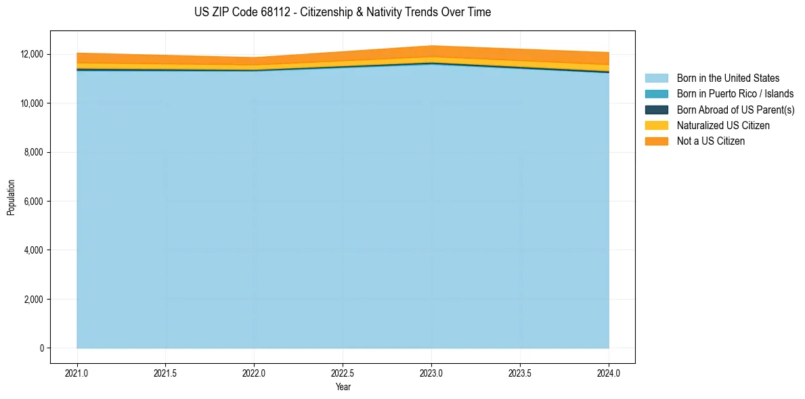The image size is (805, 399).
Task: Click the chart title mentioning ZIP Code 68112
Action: click(x=342, y=12)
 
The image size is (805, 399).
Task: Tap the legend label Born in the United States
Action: click(x=728, y=78)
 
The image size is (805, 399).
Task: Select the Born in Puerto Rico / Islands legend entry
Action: click(x=735, y=94)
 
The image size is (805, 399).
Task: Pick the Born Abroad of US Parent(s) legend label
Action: click(x=735, y=110)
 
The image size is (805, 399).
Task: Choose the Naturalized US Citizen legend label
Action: click(x=723, y=126)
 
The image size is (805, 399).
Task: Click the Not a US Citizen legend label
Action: click(x=711, y=141)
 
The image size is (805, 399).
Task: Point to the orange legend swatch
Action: click(x=656, y=141)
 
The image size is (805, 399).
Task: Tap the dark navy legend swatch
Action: click(x=656, y=110)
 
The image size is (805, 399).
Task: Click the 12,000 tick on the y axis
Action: click(x=32, y=54)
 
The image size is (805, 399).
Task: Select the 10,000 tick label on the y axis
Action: click(x=32, y=103)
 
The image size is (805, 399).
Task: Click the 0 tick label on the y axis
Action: click(x=41, y=348)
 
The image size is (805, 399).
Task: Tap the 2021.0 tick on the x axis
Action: click(x=77, y=373)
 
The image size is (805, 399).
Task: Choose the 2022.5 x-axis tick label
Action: click(x=343, y=373)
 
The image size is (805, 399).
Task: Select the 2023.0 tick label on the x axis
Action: click(x=431, y=373)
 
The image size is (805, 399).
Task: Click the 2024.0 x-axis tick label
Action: click(x=609, y=373)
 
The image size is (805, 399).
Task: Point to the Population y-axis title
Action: click(x=11, y=197)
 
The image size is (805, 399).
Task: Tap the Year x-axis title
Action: click(x=343, y=387)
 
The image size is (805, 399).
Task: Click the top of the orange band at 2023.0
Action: click(x=431, y=46)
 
